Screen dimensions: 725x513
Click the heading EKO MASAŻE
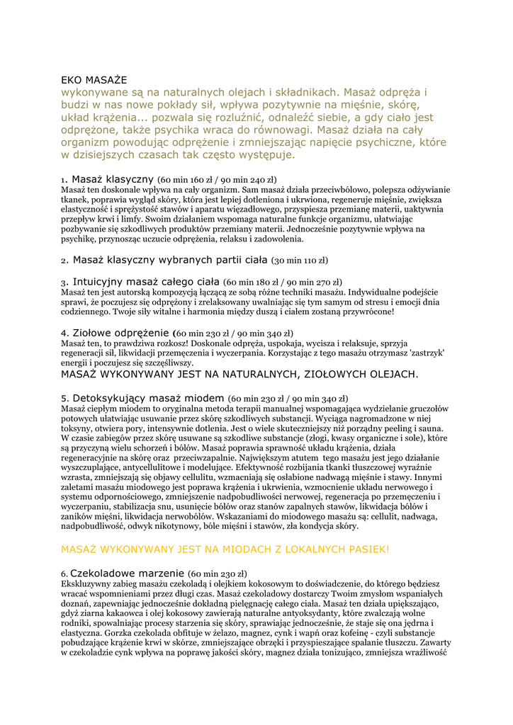pos(94,79)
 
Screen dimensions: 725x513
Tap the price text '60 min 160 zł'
pos(186,181)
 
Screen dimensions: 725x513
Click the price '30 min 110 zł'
pos(300,261)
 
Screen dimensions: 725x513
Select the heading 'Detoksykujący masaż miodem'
pos(148,399)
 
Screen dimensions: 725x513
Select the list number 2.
pos(64,261)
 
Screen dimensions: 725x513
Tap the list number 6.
pos(64,573)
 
